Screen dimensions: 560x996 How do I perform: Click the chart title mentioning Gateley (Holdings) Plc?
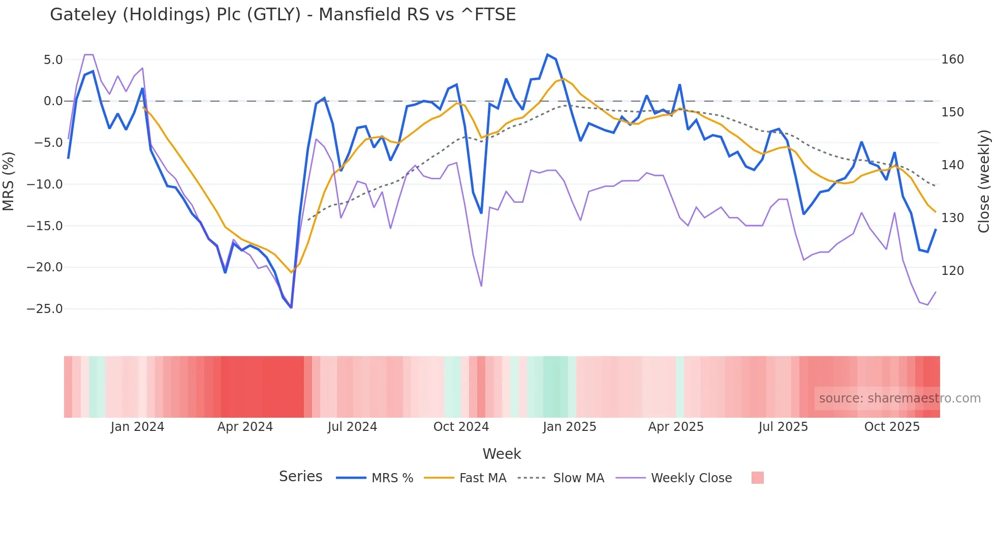[283, 15]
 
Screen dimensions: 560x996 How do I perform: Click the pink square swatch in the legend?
[757, 478]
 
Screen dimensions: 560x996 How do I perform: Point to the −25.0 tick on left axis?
[45, 309]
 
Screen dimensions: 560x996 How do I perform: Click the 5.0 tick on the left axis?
[53, 60]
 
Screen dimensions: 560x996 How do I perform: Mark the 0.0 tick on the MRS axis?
[53, 101]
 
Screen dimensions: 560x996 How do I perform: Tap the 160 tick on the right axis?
[952, 59]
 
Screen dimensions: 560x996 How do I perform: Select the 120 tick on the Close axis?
[952, 271]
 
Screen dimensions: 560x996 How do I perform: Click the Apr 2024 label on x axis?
[245, 427]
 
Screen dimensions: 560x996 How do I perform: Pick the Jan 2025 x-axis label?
[569, 427]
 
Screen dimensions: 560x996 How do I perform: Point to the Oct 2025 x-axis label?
[892, 427]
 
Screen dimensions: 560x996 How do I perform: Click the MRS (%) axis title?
[9, 181]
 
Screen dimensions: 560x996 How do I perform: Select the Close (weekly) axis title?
[984, 181]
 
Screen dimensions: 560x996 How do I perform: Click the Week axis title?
[502, 454]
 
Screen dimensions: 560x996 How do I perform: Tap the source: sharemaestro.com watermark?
[899, 398]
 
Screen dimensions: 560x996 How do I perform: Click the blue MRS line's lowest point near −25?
[291, 307]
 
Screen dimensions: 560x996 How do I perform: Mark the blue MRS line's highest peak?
[547, 54]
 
